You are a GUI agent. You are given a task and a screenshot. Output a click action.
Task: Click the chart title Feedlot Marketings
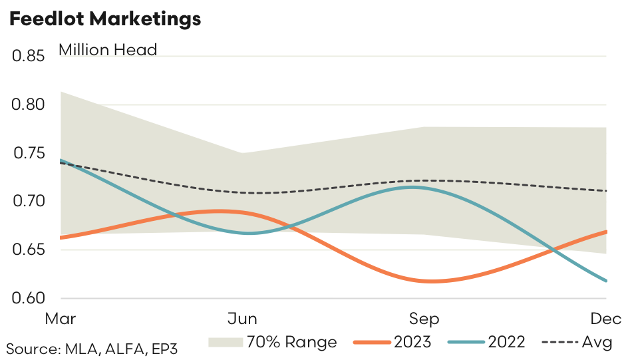coord(104,19)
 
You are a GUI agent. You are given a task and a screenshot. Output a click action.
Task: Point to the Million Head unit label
coord(108,49)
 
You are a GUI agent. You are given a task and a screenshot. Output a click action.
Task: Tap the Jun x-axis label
coord(242,319)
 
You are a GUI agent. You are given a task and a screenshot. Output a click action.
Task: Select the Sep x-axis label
coord(424,319)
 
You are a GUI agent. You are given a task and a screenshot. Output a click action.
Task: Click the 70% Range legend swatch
coord(224,343)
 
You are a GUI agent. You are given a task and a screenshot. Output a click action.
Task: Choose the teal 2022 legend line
coord(464,343)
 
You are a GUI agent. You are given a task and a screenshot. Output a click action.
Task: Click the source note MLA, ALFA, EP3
coord(92,347)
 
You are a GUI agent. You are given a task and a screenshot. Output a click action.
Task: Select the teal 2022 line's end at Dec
coord(605,281)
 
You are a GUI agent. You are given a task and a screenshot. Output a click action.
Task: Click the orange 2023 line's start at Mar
coord(61,237)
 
